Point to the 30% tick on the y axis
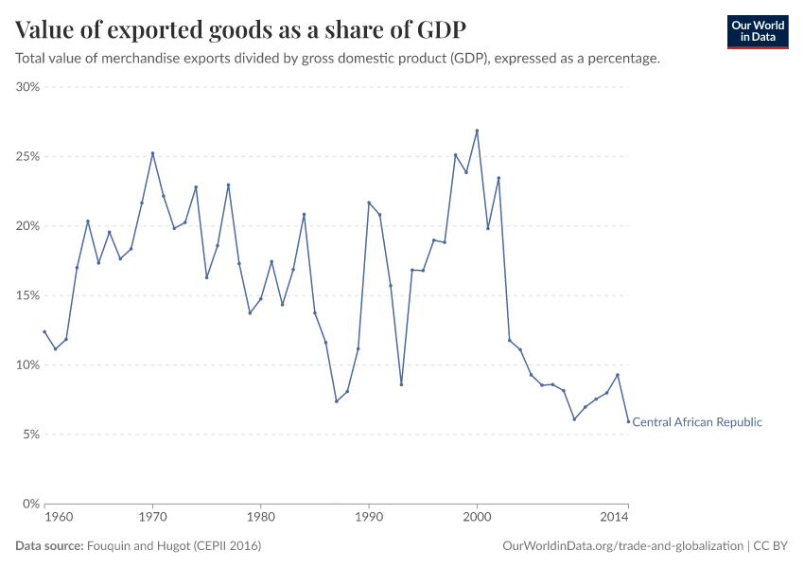coord(27,87)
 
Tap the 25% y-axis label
coord(27,156)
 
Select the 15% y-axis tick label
coord(27,295)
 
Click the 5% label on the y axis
coord(30,435)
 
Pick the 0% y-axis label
coord(30,504)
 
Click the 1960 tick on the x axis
coord(58,517)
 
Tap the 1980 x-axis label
coord(260,517)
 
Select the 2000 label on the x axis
coord(477,517)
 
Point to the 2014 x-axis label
coord(614,517)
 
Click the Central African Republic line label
coord(696,422)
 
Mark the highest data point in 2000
coord(477,131)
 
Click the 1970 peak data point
coord(152,153)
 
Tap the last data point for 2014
coord(628,421)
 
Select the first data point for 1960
coord(44,331)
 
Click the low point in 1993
coord(401,384)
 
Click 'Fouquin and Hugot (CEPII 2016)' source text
coord(174,546)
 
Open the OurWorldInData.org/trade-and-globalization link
coord(624,546)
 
